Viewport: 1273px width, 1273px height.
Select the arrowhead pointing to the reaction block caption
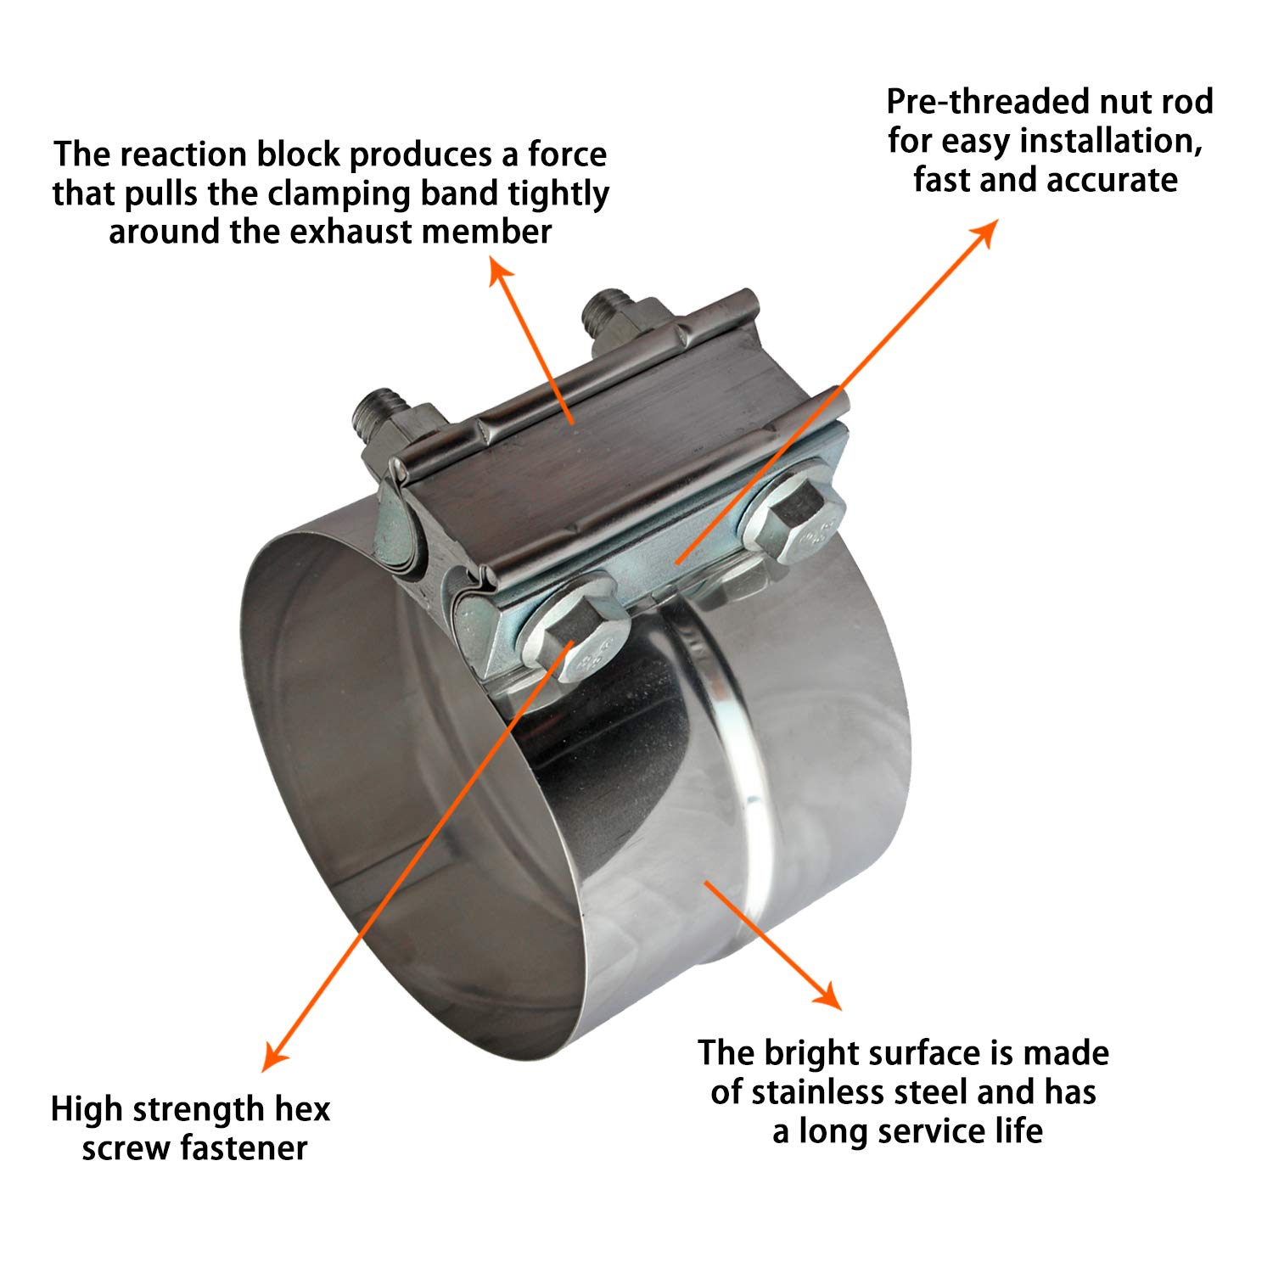(497, 269)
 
